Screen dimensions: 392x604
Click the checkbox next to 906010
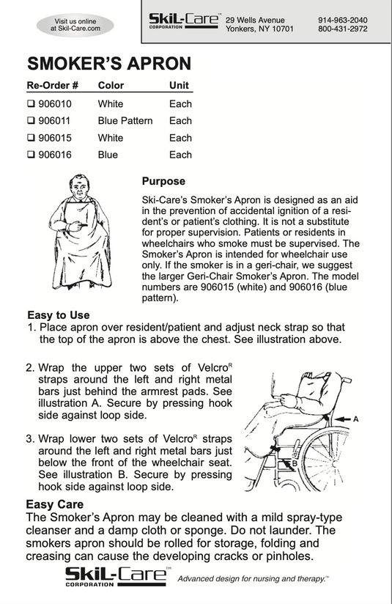pyautogui.click(x=31, y=104)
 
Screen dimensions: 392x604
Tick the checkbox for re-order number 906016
pyautogui.click(x=31, y=155)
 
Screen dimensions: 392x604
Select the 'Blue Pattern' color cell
pyautogui.click(x=125, y=121)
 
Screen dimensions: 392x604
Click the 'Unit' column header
pyautogui.click(x=179, y=86)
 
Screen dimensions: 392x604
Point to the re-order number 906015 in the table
pyautogui.click(x=55, y=138)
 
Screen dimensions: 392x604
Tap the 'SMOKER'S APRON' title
pyautogui.click(x=109, y=64)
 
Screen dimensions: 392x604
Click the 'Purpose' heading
pyautogui.click(x=163, y=182)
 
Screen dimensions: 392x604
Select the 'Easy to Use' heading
pyautogui.click(x=58, y=315)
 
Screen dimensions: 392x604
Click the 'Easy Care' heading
pyautogui.click(x=55, y=504)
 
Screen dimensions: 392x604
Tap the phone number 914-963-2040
pyautogui.click(x=343, y=20)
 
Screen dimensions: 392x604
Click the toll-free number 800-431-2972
pyautogui.click(x=343, y=29)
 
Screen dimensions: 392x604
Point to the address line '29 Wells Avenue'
pyautogui.click(x=255, y=20)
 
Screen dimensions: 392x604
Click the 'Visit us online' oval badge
pyautogui.click(x=75, y=25)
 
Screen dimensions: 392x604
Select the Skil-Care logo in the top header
pyautogui.click(x=185, y=21)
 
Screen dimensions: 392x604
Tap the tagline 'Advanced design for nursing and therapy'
pyautogui.click(x=253, y=578)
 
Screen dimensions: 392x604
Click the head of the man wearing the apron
pyautogui.click(x=80, y=186)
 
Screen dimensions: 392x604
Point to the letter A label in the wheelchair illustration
pyautogui.click(x=356, y=419)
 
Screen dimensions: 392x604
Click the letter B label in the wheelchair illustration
pyautogui.click(x=295, y=463)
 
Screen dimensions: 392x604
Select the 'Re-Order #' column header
pyautogui.click(x=52, y=86)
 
